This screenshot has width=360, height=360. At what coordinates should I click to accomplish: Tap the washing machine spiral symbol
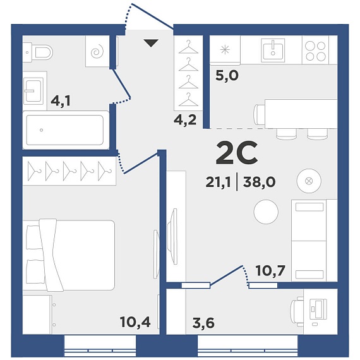pyautogui.click(x=97, y=51)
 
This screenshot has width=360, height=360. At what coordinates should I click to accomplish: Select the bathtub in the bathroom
pyautogui.click(x=65, y=130)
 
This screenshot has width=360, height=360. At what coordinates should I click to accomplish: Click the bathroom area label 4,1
pyautogui.click(x=61, y=101)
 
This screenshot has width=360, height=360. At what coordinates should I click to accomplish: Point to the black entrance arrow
pyautogui.click(x=151, y=43)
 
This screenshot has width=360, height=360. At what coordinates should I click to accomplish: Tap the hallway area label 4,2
pyautogui.click(x=185, y=120)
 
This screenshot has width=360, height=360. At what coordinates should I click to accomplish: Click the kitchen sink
pyautogui.click(x=273, y=50)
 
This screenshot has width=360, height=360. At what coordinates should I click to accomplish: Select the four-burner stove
pyautogui.click(x=315, y=51)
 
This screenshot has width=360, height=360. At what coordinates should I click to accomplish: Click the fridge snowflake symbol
pyautogui.click(x=225, y=50)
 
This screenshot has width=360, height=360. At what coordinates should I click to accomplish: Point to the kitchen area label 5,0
pyautogui.click(x=227, y=76)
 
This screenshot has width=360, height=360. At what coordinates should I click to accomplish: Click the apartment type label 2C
pyautogui.click(x=236, y=153)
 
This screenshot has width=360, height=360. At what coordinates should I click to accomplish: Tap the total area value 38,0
pyautogui.click(x=259, y=183)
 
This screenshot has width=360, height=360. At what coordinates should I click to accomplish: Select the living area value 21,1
pyautogui.click(x=218, y=183)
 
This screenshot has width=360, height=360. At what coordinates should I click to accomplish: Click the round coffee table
pyautogui.click(x=266, y=212)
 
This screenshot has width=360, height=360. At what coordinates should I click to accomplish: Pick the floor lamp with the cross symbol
pyautogui.click(x=309, y=181)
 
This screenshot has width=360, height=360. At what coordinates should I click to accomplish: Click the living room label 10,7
pyautogui.click(x=271, y=271)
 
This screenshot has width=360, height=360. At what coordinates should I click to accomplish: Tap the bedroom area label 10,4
pyautogui.click(x=135, y=322)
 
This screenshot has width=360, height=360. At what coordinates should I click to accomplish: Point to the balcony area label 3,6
pyautogui.click(x=203, y=323)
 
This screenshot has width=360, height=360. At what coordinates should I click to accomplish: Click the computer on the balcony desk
pyautogui.click(x=318, y=311)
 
